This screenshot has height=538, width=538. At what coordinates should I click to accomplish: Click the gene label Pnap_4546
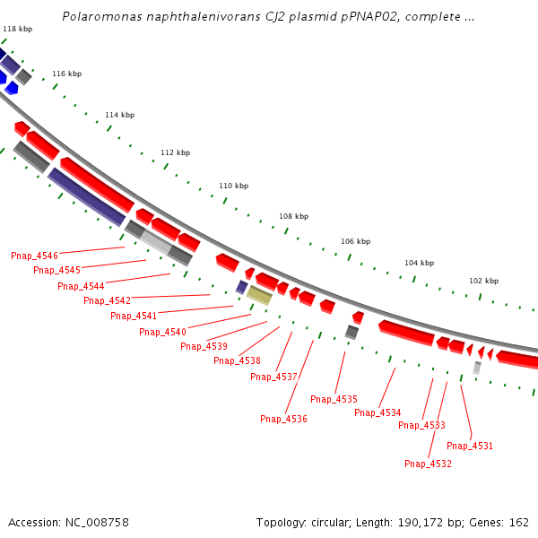pos(34,256)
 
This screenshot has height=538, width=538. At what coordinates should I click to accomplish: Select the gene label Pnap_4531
pos(470,446)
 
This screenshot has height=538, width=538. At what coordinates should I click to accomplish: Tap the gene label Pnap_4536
pos(283,419)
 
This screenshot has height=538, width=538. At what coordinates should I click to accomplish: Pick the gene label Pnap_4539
pos(204,346)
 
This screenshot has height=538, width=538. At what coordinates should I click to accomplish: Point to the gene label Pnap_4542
pos(107,300)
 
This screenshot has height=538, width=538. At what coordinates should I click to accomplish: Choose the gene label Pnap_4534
pos(377,412)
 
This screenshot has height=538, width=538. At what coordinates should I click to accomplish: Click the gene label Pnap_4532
pos(428,464)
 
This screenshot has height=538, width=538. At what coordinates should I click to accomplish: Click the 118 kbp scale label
pos(18,30)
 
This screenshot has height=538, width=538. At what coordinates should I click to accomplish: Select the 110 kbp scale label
pos(233,186)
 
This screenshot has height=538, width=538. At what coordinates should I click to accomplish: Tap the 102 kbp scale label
pos(483,281)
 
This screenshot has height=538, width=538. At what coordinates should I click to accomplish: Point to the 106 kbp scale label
pos(355,241)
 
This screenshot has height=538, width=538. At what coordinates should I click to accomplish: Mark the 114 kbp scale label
pos(119,115)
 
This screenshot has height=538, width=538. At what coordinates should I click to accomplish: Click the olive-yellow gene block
pos(259,295)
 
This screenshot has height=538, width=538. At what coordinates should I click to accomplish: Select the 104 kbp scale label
pos(419,263)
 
